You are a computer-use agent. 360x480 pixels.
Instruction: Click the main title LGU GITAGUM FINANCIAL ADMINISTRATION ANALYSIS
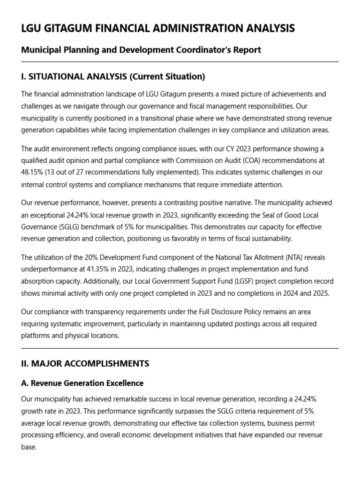[158, 29]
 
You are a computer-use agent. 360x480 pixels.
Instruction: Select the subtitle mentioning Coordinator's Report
[141, 50]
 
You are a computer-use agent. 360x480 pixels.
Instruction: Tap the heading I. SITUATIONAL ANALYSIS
[113, 76]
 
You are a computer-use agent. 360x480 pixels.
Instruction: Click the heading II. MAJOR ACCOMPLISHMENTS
[85, 363]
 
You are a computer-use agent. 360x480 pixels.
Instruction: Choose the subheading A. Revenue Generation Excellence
[82, 383]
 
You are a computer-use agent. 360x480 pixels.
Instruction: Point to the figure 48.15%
[31, 172]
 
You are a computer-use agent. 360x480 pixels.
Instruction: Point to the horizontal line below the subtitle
[180, 62]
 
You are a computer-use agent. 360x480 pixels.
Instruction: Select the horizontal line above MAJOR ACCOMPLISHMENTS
[180, 348]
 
